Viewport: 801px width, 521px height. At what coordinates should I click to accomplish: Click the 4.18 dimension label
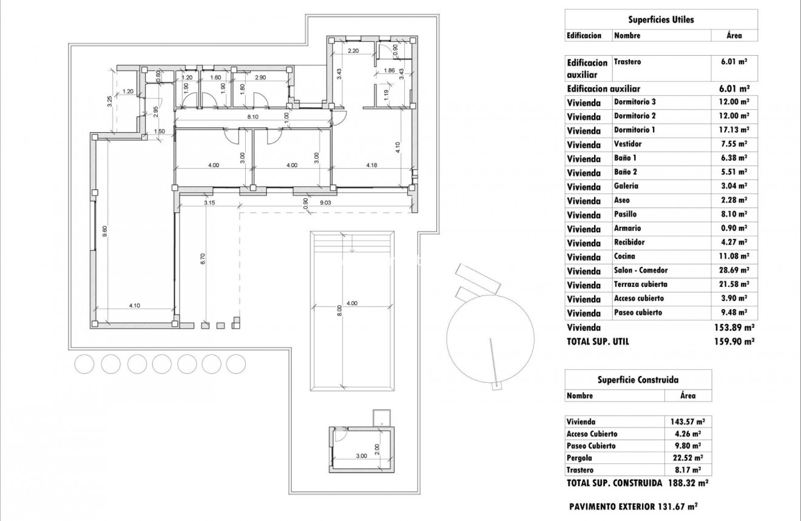point(372,165)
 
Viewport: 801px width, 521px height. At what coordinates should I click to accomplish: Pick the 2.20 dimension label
point(354,51)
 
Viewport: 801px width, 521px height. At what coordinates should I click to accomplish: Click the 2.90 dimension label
point(261,78)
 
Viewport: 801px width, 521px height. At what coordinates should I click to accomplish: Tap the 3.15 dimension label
point(209,203)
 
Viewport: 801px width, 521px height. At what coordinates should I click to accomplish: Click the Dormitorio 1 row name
point(634,130)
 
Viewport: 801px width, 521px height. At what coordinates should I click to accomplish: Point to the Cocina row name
point(624,257)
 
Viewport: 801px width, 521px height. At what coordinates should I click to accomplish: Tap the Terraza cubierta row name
point(641,284)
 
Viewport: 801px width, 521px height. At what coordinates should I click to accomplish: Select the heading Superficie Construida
point(638,380)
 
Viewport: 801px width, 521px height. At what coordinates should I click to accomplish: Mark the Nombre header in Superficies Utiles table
point(627,36)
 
